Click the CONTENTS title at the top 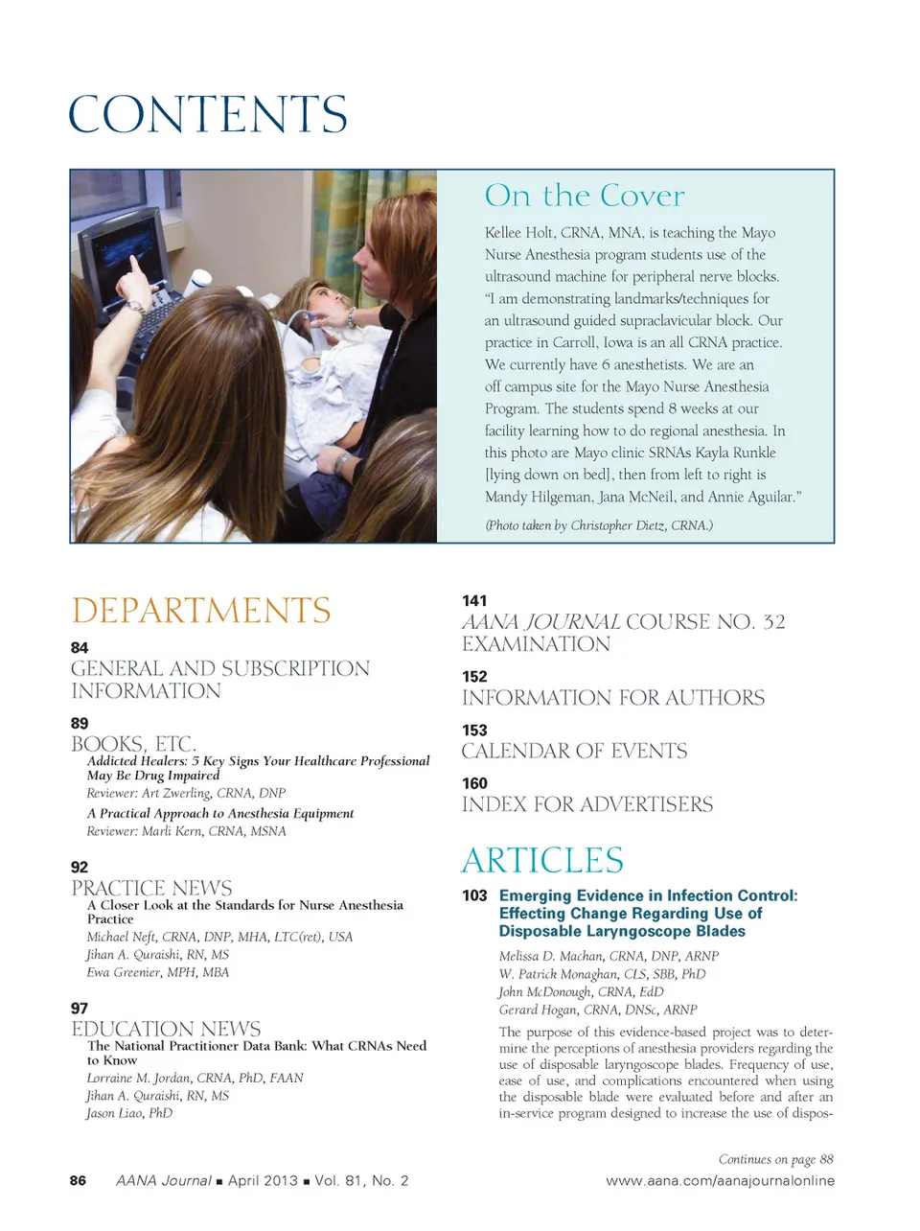pos(208,115)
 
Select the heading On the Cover pos(585,196)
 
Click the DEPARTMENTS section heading pos(201,611)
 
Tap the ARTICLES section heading pos(542,860)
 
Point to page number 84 pos(80,648)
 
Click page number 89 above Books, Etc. pos(80,724)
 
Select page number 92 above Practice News pos(80,868)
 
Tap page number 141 pos(474,601)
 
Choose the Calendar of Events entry pos(574,751)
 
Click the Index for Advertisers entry pos(587,804)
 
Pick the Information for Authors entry pos(613,698)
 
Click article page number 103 pos(474,895)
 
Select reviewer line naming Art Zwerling pos(186,793)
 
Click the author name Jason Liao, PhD pos(129,1113)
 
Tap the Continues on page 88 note pos(775,1159)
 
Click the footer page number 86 pos(78,1181)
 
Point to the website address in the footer pos(720,1181)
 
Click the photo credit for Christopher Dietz pos(599,525)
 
